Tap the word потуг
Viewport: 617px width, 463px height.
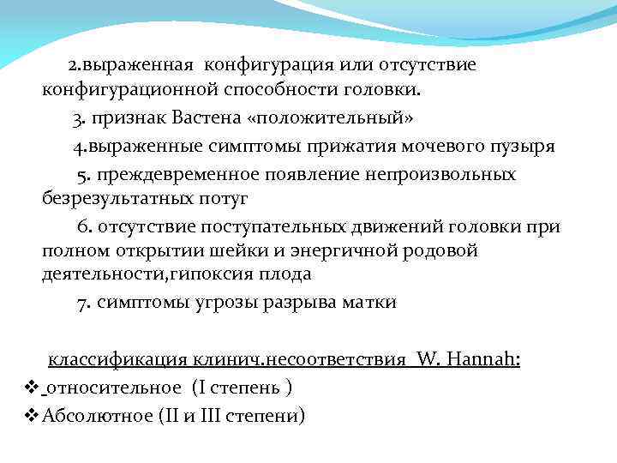pyautogui.click(x=222, y=199)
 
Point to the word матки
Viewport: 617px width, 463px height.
pyautogui.click(x=370, y=302)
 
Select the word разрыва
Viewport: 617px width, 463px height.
pyautogui.click(x=308, y=302)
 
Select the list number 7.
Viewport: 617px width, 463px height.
pyautogui.click(x=84, y=302)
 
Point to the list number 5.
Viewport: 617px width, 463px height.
pyautogui.click(x=83, y=175)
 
